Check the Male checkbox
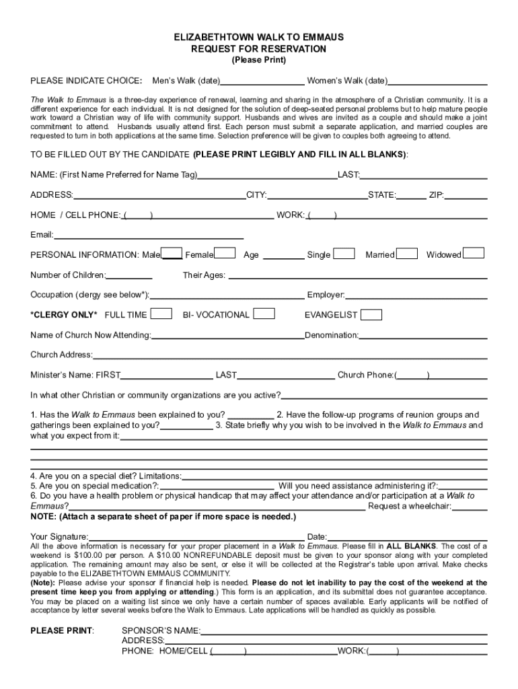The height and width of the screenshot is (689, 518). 172,254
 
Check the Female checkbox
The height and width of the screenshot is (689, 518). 225,254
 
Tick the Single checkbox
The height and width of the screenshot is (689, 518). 344,254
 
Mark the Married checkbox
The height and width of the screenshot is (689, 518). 406,254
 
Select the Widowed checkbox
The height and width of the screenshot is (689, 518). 474,254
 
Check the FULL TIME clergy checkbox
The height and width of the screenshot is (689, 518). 161,314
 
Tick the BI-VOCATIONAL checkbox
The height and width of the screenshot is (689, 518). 264,314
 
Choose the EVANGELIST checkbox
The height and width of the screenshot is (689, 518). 371,315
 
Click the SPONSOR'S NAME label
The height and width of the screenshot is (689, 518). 161,631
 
